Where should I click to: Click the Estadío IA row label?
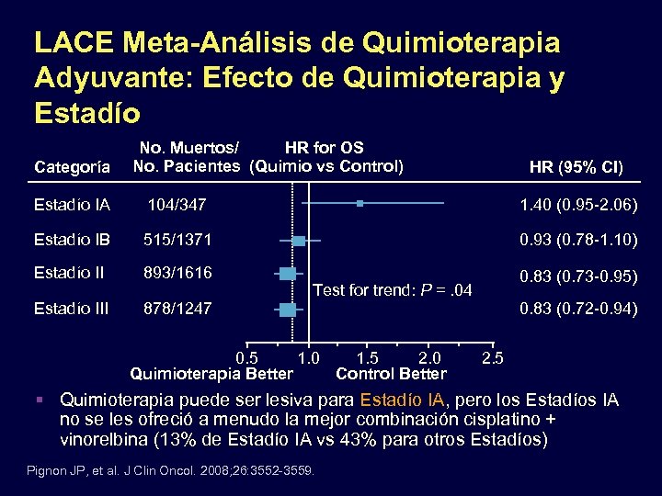(x=72, y=203)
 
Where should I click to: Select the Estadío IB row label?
(x=72, y=240)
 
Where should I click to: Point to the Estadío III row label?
(x=71, y=310)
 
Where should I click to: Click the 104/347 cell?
(x=176, y=203)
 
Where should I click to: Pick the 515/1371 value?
(x=177, y=240)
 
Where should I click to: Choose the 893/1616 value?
(x=177, y=273)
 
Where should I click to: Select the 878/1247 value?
(x=177, y=310)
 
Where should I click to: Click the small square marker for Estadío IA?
(x=360, y=202)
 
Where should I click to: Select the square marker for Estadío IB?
(x=299, y=241)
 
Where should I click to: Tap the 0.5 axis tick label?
(x=247, y=356)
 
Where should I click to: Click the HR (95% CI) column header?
(x=576, y=167)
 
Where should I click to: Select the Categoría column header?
(x=73, y=167)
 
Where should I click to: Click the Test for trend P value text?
(x=393, y=290)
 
